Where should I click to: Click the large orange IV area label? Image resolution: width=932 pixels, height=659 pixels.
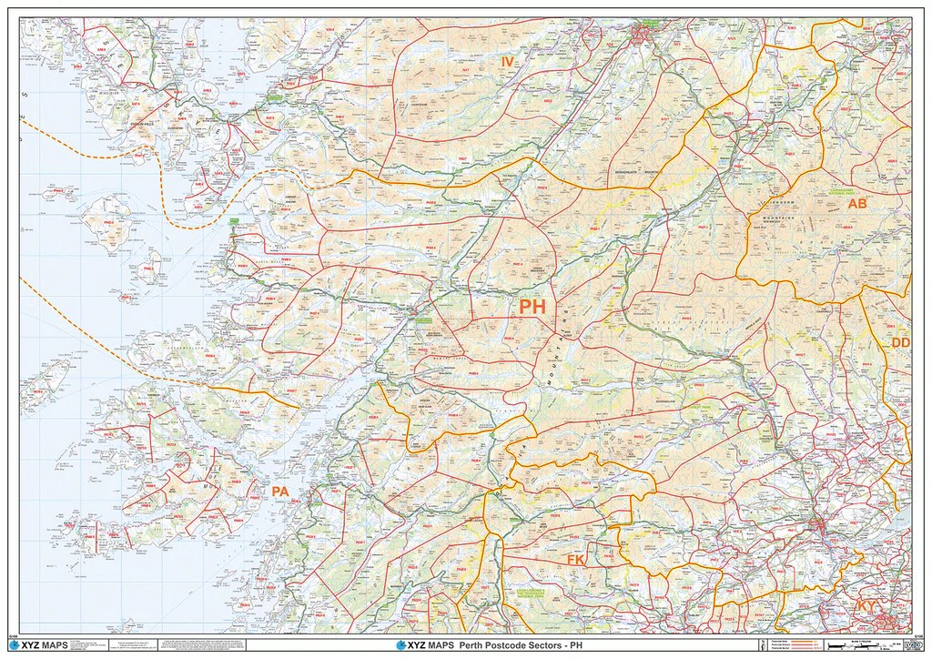[509, 61]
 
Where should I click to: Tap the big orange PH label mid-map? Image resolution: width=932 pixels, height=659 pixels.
[532, 308]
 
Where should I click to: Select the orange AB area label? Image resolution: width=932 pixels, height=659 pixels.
[857, 204]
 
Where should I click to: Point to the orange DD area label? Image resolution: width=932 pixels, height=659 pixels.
[901, 342]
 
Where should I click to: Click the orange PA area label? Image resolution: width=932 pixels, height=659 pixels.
[280, 492]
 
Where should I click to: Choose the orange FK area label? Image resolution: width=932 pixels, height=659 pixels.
[575, 559]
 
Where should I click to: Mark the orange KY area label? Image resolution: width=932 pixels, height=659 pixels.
[865, 605]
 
